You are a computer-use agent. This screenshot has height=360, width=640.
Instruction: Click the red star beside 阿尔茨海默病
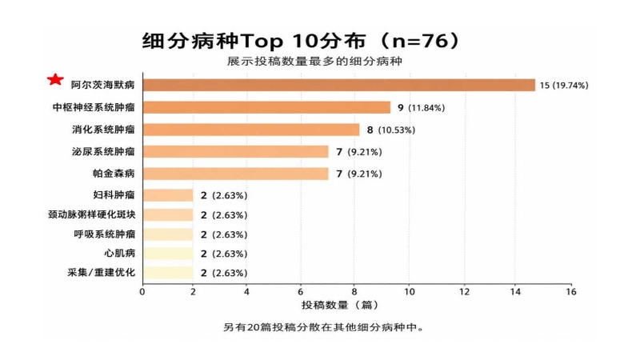tap(55, 79)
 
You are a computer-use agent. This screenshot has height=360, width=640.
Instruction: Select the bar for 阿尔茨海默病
tap(338, 86)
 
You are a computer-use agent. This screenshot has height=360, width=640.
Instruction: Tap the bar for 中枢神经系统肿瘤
tap(266, 107)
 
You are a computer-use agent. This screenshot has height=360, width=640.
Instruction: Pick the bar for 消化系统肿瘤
tap(251, 130)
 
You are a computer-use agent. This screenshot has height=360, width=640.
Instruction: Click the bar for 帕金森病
tap(235, 174)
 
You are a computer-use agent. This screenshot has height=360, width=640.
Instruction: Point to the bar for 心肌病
tap(168, 254)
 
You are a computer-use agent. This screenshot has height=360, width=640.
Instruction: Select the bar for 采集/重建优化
tap(168, 273)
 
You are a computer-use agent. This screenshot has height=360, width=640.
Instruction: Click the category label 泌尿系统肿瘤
tap(103, 151)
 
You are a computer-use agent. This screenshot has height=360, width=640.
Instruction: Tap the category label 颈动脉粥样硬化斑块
tap(91, 214)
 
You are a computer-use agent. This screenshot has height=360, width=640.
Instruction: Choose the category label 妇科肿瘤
tap(114, 194)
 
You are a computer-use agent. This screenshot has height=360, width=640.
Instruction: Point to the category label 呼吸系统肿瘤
tap(105, 234)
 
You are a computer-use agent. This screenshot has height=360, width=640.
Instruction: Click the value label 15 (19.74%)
tap(564, 86)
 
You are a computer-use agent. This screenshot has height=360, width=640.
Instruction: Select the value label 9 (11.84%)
tap(422, 108)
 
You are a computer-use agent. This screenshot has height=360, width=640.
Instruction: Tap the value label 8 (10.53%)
tap(391, 130)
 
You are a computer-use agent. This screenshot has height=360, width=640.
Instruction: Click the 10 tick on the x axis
tap(410, 292)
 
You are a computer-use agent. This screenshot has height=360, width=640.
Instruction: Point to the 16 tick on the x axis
tap(571, 292)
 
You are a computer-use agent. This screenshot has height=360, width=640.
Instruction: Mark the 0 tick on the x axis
tap(142, 292)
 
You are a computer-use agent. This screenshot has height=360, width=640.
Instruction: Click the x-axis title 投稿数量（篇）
tap(341, 305)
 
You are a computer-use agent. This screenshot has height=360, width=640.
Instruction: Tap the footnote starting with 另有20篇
tap(323, 327)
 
